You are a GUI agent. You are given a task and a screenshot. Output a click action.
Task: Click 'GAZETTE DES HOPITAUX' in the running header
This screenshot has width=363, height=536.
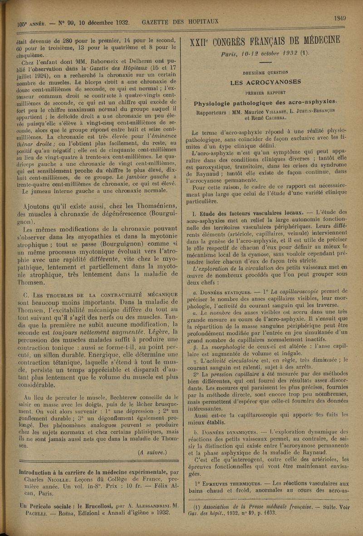[180, 21]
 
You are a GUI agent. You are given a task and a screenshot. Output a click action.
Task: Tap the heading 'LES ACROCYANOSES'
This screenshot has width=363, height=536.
[265, 82]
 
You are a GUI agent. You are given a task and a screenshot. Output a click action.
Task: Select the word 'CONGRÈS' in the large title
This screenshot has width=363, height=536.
[243, 40]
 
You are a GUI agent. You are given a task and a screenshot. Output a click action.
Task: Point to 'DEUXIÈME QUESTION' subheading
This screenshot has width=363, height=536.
[265, 72]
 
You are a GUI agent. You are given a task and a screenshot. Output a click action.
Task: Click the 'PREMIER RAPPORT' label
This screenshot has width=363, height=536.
[265, 91]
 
